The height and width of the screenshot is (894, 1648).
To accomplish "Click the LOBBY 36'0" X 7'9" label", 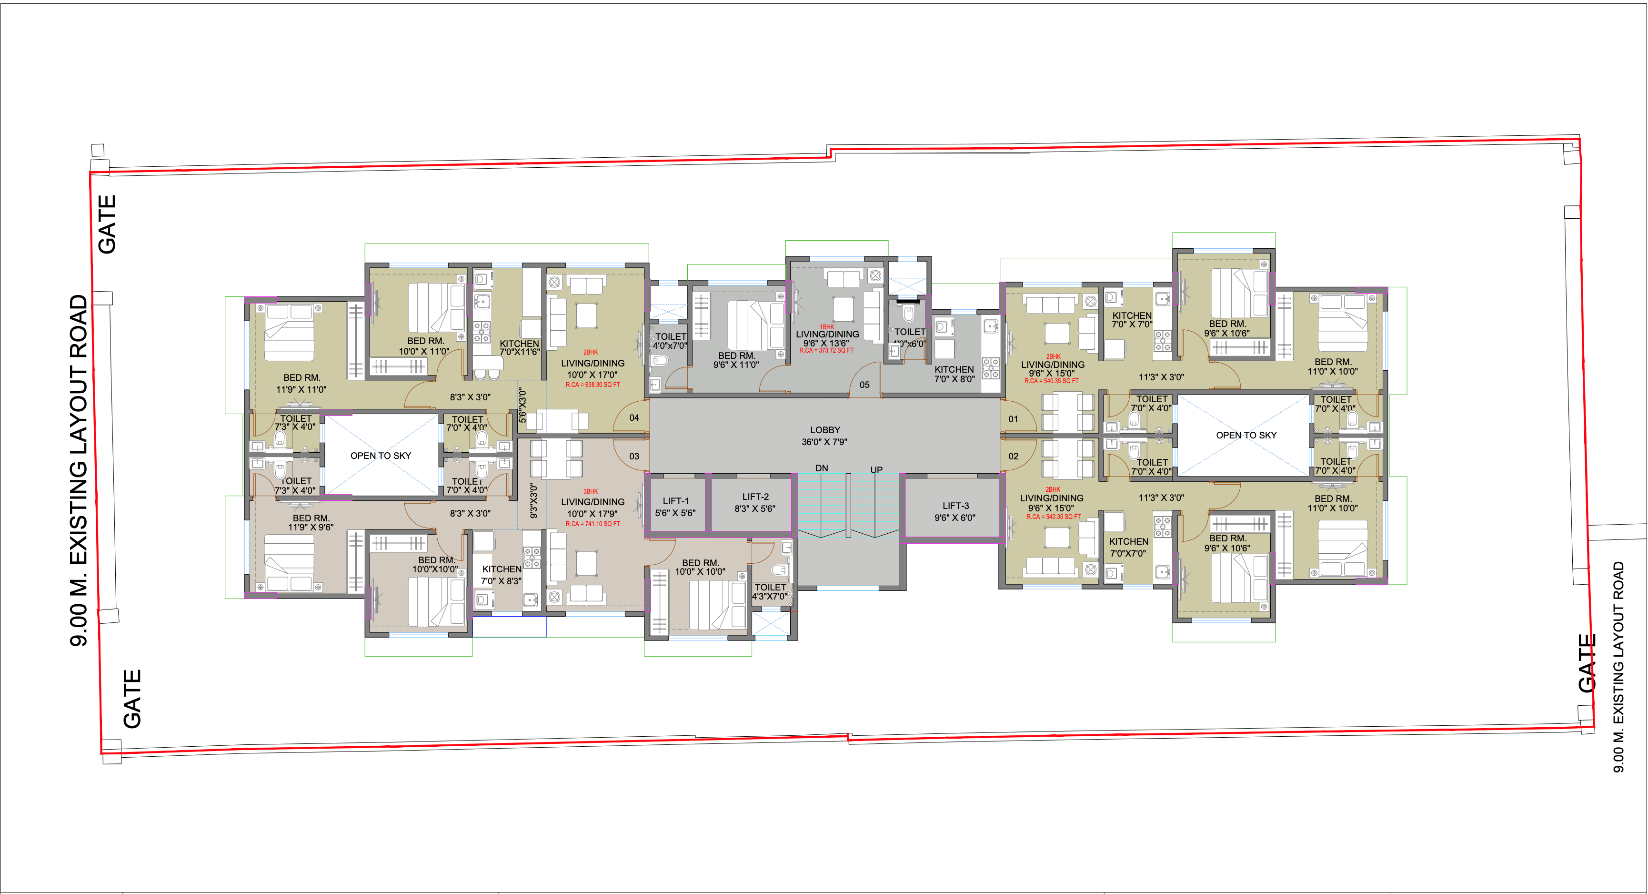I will point(824,436).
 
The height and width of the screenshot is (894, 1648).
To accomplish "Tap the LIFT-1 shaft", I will point(675,506).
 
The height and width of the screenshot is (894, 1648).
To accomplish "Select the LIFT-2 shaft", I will point(755,502).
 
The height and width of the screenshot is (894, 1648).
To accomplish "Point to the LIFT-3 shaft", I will point(955,511).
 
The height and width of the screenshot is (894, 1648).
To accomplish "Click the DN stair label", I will point(822,468).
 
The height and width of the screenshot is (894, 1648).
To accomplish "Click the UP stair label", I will point(876,470).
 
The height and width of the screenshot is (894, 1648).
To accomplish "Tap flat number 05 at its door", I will point(864,385).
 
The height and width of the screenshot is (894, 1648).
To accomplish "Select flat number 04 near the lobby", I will point(634,418).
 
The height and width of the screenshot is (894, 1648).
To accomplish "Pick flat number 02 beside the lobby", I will point(1013,456).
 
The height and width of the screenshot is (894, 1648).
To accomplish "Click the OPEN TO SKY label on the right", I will point(1246,435).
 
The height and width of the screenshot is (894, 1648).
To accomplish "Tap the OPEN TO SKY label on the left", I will point(380,456).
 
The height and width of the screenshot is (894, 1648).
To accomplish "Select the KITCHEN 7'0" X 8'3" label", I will point(501,575).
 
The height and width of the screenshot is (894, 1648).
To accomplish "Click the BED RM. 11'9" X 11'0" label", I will point(301,383).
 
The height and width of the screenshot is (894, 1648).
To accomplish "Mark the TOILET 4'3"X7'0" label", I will point(770,591).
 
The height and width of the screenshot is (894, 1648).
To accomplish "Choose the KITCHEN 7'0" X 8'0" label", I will point(954,374).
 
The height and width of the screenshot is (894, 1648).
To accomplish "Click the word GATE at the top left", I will point(107,224).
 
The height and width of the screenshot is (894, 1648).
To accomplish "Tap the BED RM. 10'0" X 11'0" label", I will point(425,346).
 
